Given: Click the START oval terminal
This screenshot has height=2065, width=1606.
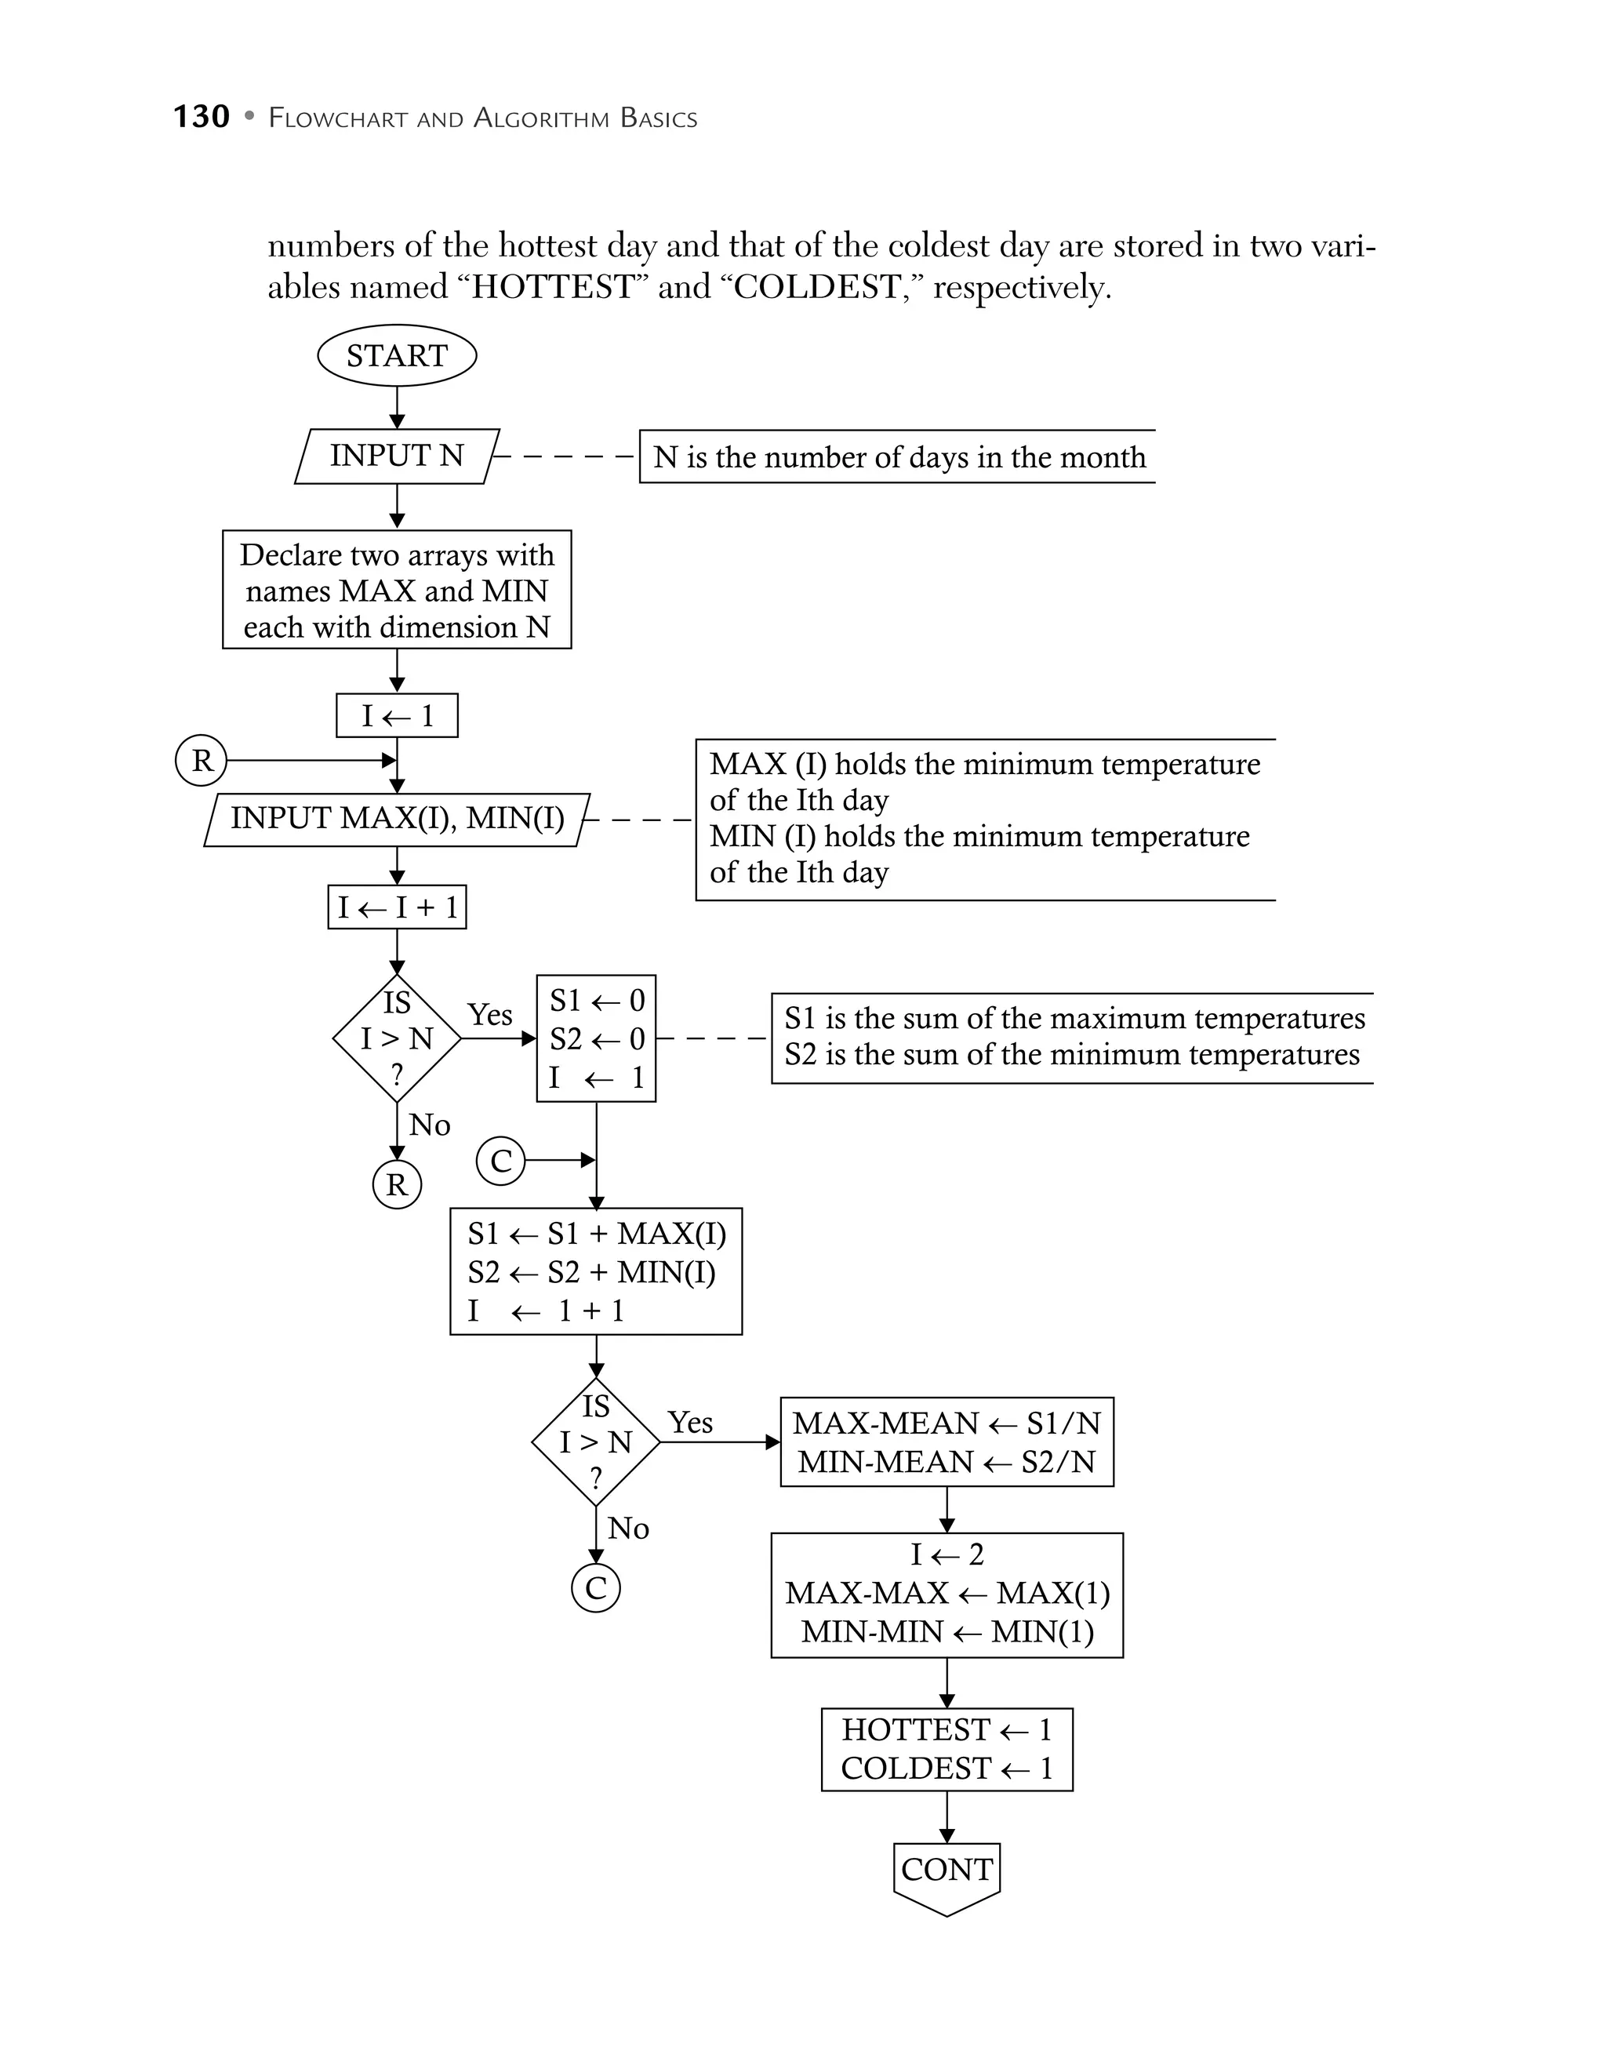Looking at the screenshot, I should pos(396,355).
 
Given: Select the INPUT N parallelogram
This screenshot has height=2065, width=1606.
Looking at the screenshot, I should pos(396,456).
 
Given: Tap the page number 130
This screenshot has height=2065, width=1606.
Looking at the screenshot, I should pos(202,117).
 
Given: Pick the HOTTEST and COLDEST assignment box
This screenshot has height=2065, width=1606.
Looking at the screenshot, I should pos(947,1748).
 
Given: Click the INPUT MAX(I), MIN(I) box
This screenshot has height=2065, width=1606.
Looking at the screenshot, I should pos(397,819).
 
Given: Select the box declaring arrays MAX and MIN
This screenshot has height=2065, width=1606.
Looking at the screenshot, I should pos(397,590).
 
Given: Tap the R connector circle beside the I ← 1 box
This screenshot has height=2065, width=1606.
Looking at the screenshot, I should pos(202,760).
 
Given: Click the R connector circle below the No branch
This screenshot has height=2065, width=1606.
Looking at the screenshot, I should pos(397,1183).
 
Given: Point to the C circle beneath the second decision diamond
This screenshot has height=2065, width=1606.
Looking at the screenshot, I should pos(595,1587).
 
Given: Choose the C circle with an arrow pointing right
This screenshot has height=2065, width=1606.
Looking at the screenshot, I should pos(501,1160).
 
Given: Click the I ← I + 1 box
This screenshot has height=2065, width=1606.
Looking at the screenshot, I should pos(397,907).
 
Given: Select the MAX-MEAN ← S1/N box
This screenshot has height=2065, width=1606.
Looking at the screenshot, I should pos(947,1442).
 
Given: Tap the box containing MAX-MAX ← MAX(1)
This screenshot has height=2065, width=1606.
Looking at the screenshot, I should pos(947,1593).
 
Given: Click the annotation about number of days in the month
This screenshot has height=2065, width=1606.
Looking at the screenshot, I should pos(898,458).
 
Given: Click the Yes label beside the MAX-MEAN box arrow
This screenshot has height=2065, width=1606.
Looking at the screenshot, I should pos(690,1422).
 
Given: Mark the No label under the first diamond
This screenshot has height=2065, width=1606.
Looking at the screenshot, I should pos(429,1125).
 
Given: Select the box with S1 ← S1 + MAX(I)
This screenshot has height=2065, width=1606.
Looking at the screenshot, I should pos(595,1272).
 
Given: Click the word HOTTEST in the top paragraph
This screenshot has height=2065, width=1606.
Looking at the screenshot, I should pos(552,286).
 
